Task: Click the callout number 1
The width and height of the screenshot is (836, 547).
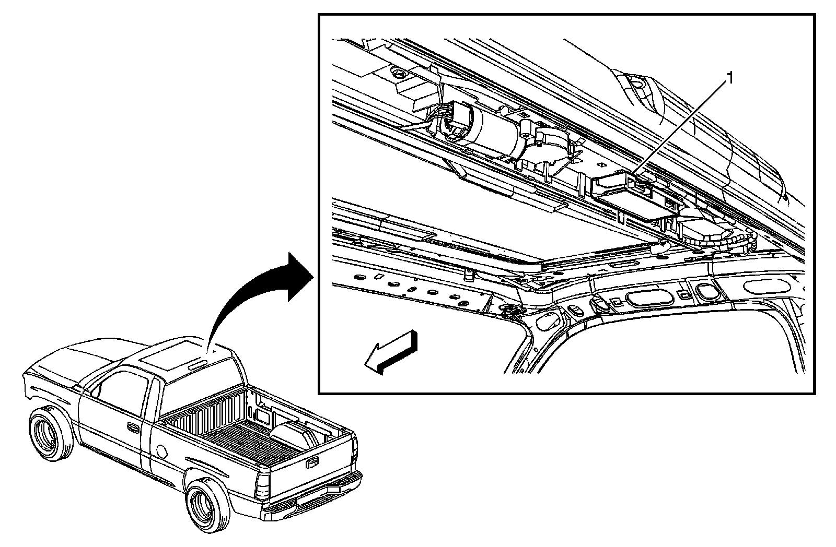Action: coord(730,78)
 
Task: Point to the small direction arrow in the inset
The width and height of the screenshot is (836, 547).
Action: coord(391,353)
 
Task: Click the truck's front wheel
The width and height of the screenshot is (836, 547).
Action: coord(50,433)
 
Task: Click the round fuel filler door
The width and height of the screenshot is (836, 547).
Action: coord(162,449)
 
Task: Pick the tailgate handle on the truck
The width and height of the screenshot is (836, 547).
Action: coord(313,461)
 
